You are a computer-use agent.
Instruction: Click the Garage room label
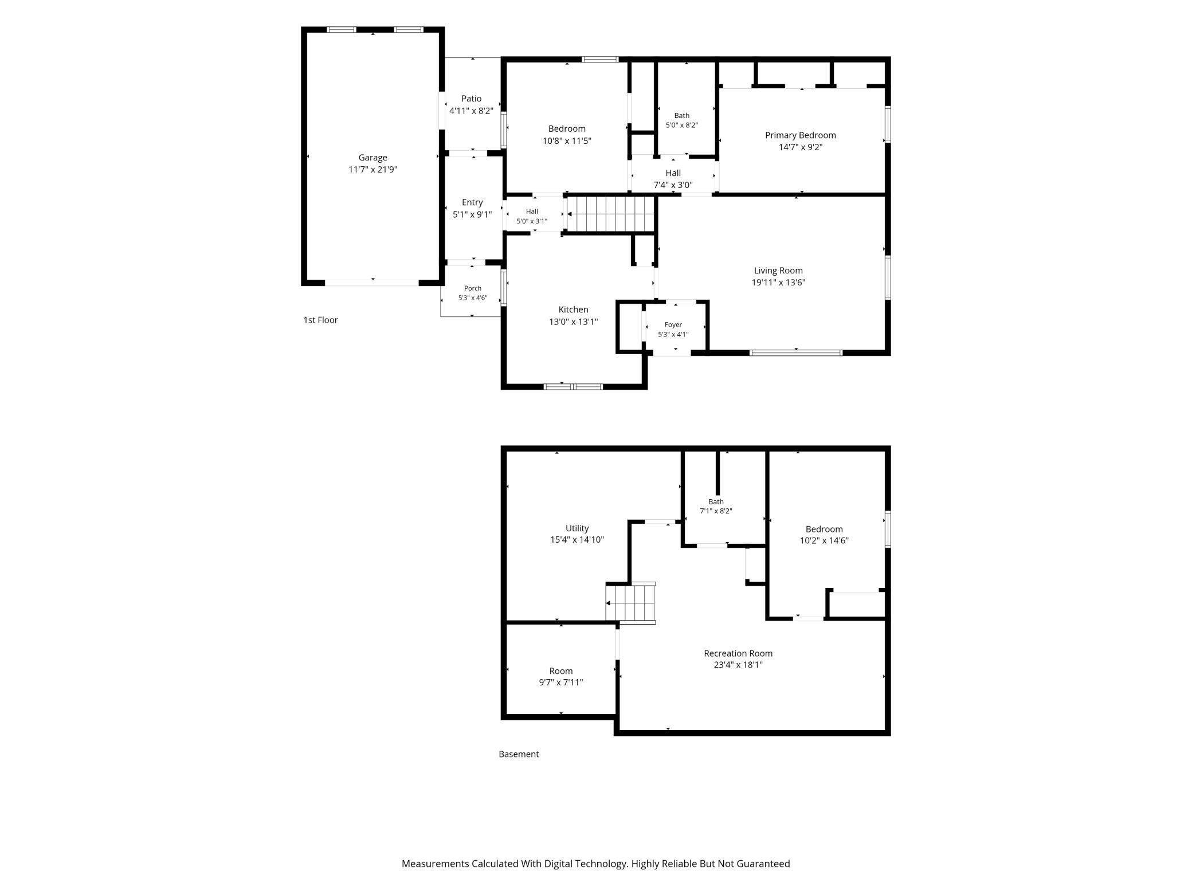(372, 158)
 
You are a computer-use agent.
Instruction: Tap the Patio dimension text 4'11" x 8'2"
(471, 111)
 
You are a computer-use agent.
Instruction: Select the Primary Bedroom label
(800, 135)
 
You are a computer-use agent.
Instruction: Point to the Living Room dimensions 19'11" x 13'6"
(778, 283)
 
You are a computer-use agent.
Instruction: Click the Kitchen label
(573, 309)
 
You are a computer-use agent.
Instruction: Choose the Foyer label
(673, 325)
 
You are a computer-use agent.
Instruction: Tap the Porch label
(473, 288)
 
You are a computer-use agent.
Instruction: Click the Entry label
(472, 202)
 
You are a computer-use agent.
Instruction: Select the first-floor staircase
(610, 214)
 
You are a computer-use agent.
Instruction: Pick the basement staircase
(630, 603)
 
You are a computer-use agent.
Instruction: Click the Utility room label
(577, 528)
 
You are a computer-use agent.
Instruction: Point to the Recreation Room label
(738, 653)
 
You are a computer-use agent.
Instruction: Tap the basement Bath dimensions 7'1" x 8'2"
(716, 511)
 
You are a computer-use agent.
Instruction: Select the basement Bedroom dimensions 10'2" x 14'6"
(824, 540)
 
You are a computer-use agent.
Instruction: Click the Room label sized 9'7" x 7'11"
(561, 671)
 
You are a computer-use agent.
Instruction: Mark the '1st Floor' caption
(320, 320)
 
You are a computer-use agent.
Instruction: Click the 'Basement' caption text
(519, 754)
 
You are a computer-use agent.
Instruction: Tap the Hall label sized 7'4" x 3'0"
(673, 173)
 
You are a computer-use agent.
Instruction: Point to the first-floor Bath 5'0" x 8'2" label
(682, 116)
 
